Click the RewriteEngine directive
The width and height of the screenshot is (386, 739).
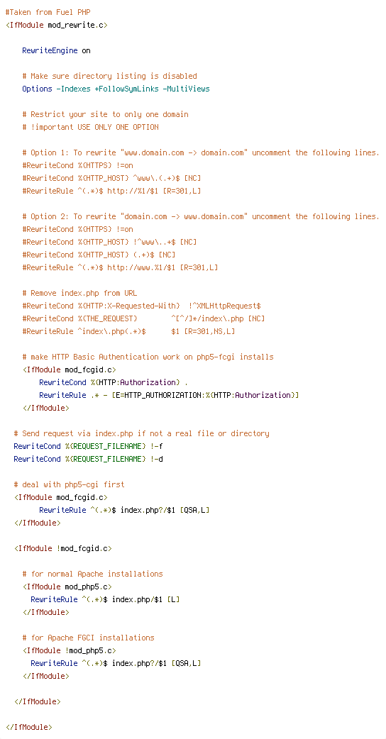click(x=50, y=50)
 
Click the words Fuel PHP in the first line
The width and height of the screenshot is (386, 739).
click(x=73, y=12)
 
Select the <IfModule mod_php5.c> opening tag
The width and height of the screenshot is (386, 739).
click(x=67, y=587)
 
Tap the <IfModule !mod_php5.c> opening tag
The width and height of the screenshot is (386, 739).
click(x=70, y=650)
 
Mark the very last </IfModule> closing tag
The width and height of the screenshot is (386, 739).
click(x=29, y=727)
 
